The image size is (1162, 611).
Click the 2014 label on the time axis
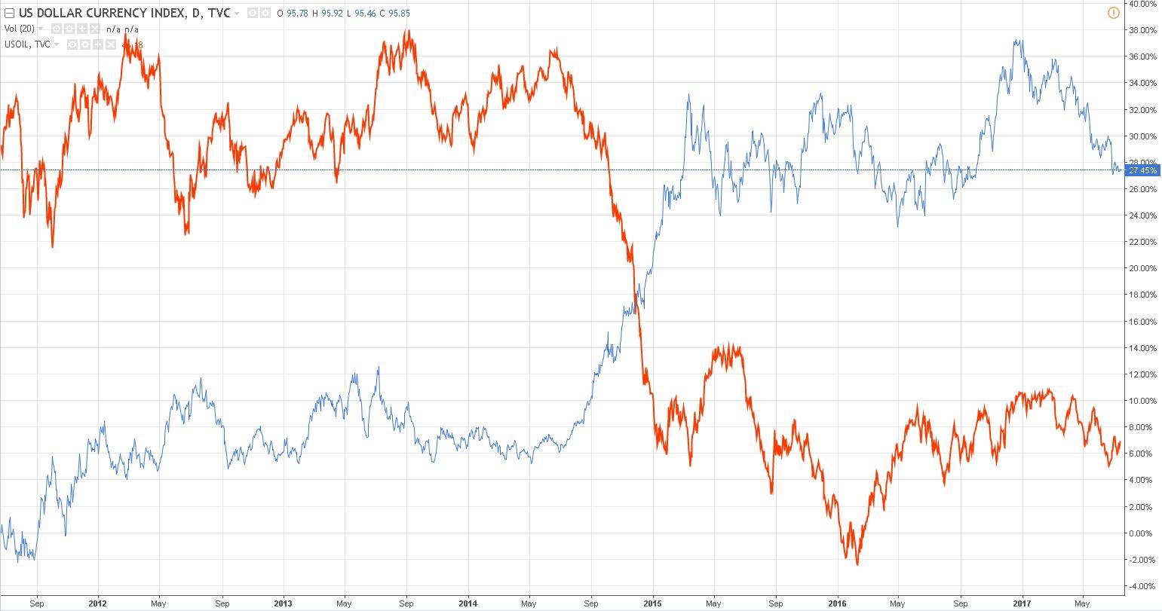coord(468,603)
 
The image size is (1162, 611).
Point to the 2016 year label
coord(838,603)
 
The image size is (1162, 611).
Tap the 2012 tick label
coord(97,603)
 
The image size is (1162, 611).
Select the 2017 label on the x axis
coord(1022,603)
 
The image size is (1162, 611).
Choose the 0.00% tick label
coord(1142,533)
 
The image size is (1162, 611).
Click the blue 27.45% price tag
coord(1142,171)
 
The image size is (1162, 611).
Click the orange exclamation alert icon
coord(1114,13)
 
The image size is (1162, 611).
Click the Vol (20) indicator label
coord(19,29)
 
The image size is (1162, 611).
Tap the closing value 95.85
coord(399,14)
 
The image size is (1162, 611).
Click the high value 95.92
coord(333,14)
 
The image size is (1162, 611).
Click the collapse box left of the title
coord(9,14)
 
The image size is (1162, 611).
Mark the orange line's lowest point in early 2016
coord(857,564)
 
